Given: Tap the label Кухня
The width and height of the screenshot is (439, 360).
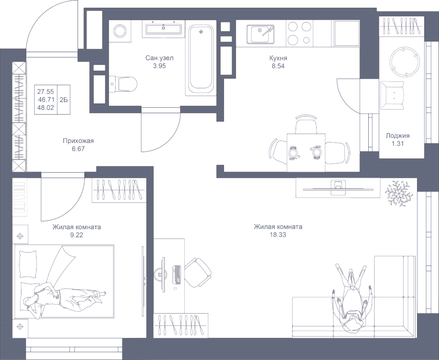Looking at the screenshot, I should coord(279,58).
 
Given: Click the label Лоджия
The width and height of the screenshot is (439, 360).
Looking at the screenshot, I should coord(398,136).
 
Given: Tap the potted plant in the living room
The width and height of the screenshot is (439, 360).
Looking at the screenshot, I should coord(399,193).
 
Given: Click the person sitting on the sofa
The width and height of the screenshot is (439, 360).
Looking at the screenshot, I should coord(350,300).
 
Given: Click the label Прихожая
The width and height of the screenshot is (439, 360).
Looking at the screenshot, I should coord(78,141).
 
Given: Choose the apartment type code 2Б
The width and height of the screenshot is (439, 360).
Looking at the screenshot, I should coord(64,99).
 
